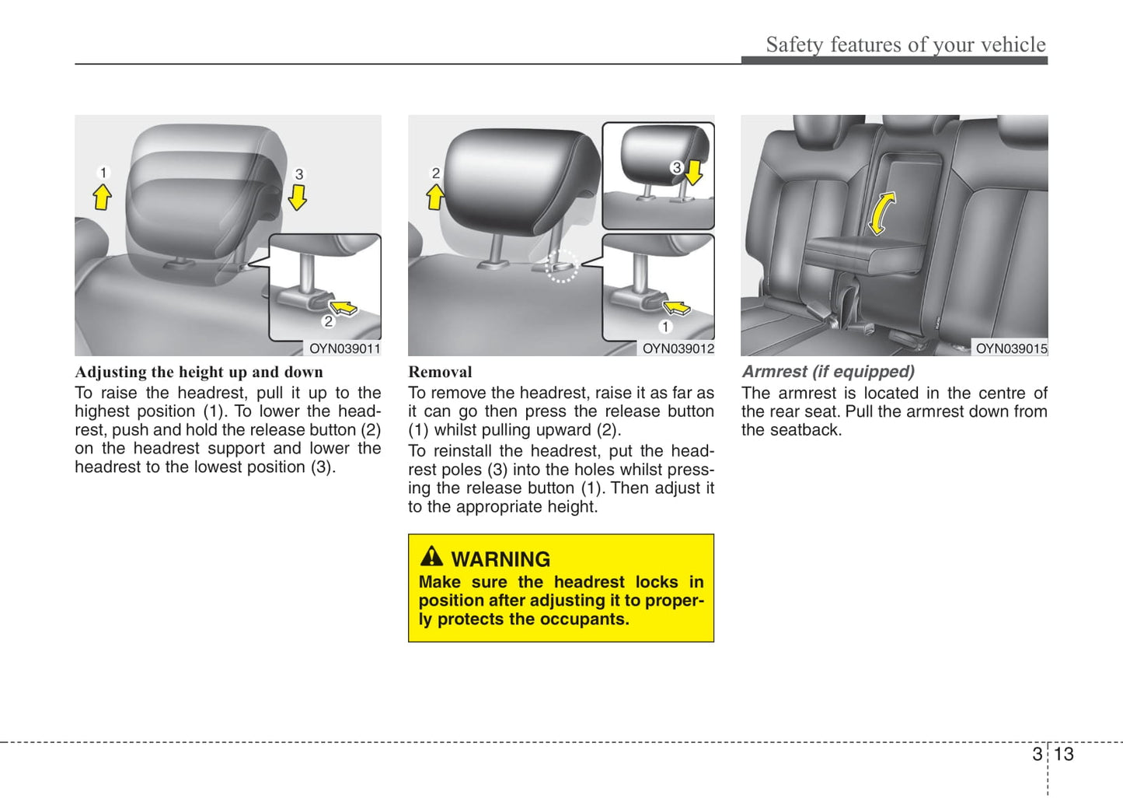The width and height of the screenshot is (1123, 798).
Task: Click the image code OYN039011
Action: click(345, 348)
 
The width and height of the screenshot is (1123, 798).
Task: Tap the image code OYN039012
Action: click(678, 348)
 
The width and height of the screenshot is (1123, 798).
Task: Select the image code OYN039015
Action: click(1011, 348)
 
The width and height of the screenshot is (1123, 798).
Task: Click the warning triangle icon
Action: click(431, 557)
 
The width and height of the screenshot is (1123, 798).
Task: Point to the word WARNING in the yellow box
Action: click(500, 559)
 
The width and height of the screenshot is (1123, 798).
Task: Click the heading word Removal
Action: click(440, 372)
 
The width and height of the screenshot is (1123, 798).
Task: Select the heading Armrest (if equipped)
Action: click(828, 372)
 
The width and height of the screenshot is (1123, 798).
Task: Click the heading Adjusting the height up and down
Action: click(199, 372)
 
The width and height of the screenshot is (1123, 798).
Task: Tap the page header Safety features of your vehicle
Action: click(905, 44)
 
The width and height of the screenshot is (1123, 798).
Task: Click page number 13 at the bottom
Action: click(1064, 754)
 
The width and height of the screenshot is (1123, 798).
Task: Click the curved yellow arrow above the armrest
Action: click(881, 213)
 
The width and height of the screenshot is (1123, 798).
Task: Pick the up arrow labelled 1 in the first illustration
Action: click(102, 196)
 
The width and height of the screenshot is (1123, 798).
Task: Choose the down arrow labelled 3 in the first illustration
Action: click(298, 197)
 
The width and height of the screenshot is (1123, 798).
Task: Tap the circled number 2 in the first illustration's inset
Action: click(328, 321)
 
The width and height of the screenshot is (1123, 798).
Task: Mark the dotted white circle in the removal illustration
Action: click(561, 266)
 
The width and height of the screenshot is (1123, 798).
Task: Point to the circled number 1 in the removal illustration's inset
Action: click(665, 327)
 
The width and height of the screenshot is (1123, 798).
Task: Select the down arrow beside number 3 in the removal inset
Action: click(694, 172)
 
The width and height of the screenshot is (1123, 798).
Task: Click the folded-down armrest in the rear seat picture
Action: click(863, 253)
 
